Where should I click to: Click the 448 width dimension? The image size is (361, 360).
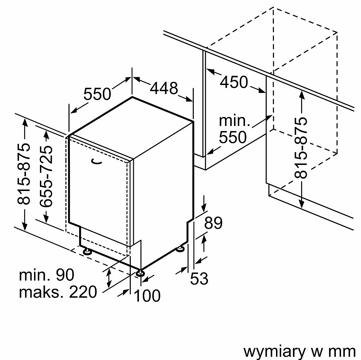click(163, 89)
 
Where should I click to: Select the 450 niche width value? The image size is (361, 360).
click(234, 83)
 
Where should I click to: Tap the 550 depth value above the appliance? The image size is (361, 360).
click(97, 94)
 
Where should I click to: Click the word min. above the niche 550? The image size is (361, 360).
click(234, 121)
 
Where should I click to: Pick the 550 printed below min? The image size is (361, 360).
click(233, 137)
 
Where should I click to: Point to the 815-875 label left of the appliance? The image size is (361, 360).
click(24, 173)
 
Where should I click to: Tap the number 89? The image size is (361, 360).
click(213, 223)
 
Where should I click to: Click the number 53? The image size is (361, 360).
click(199, 278)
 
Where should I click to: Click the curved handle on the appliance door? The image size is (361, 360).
click(97, 162)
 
